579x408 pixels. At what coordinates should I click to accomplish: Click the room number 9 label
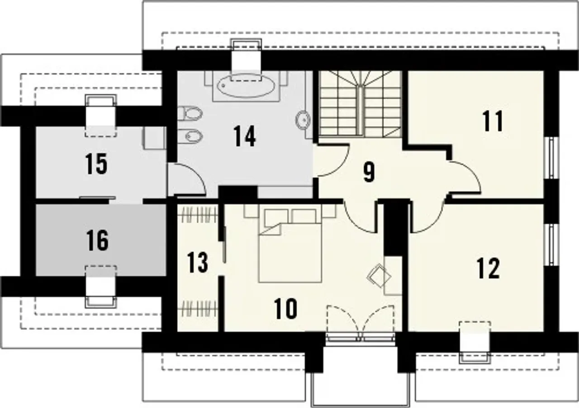pos(369,173)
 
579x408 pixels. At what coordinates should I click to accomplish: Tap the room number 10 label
pos(285,309)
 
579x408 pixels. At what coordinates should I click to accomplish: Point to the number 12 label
pos(488,269)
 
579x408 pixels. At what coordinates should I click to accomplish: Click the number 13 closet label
pos(198,263)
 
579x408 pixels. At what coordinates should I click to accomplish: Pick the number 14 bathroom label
pos(245,136)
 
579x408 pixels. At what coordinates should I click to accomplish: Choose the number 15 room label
pos(96,164)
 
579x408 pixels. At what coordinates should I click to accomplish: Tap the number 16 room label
pos(97,240)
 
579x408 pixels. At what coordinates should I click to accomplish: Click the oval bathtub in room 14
pos(246,86)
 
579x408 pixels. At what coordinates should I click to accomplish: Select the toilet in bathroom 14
pos(190,113)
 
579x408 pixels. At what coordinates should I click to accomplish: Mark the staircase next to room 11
pos(360,104)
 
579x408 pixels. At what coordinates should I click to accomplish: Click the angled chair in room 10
pos(379,275)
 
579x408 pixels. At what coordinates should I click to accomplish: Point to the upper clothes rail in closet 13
pos(199,215)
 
